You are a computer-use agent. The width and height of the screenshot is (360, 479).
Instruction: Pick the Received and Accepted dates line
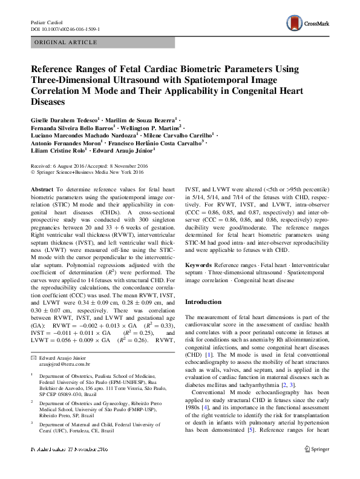pos(87,165)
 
